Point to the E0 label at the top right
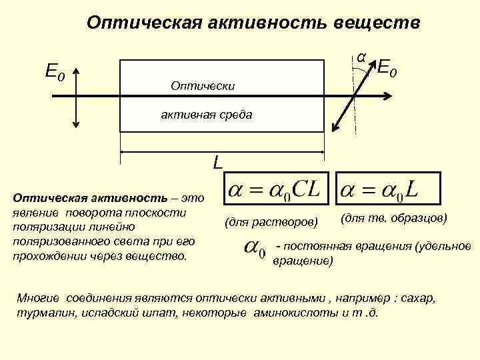click(389, 67)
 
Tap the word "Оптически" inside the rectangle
click(202, 86)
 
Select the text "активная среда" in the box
click(206, 115)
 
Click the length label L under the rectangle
click(218, 161)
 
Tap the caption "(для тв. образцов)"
click(393, 218)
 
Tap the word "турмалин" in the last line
click(39, 312)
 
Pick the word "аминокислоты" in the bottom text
click(289, 312)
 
